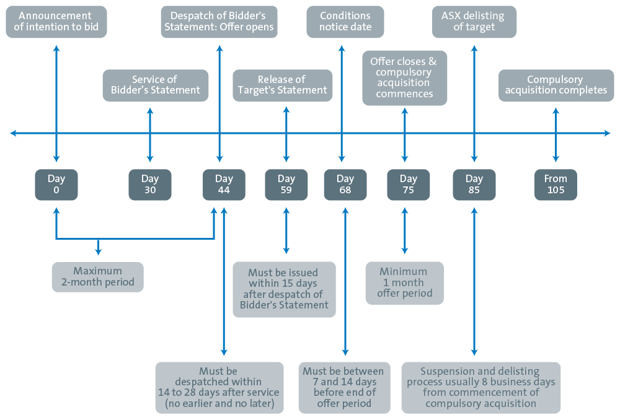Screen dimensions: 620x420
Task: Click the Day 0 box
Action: tap(56, 185)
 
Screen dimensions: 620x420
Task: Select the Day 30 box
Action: tap(150, 185)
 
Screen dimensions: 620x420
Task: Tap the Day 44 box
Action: tap(224, 185)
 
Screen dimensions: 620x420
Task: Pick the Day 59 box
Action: tap(286, 185)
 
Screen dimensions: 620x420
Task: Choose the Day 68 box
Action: tap(345, 185)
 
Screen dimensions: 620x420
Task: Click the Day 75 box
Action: tap(409, 185)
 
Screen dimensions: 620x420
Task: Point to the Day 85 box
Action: tap(474, 185)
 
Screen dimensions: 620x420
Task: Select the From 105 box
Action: tap(556, 185)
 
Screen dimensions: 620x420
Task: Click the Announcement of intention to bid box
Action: tap(56, 22)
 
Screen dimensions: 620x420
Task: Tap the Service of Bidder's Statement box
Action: tap(156, 85)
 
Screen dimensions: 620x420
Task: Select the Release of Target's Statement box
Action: tap(282, 85)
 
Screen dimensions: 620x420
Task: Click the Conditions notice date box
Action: tap(345, 22)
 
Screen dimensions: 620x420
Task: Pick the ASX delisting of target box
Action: tap(474, 22)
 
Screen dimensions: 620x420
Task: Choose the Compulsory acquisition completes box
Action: tap(556, 85)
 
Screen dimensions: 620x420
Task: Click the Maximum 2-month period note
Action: tap(98, 277)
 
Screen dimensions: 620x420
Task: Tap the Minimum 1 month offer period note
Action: tap(404, 283)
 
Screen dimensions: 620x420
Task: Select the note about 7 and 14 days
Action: tap(344, 388)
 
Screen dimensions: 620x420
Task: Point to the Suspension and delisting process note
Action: tap(481, 388)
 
